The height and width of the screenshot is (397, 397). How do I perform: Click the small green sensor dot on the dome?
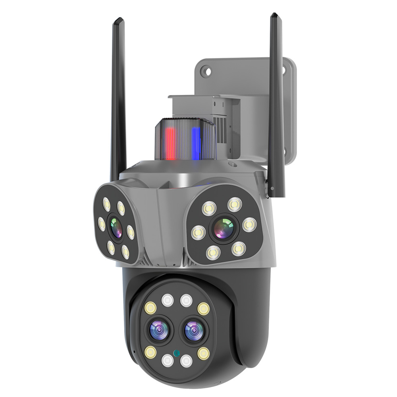click(x=176, y=352)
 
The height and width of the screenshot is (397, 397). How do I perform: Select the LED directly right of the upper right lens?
click(x=249, y=225)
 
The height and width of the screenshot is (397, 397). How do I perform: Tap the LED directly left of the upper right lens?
click(x=197, y=233)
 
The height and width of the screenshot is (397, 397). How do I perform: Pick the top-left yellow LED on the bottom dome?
click(x=151, y=307)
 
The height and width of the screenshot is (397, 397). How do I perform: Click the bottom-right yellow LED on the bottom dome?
click(x=203, y=353)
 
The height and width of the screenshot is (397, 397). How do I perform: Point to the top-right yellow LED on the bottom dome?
click(x=203, y=308)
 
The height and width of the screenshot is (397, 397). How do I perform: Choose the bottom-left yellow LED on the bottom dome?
click(x=150, y=351)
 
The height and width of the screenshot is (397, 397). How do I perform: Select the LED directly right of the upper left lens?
click(x=130, y=232)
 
